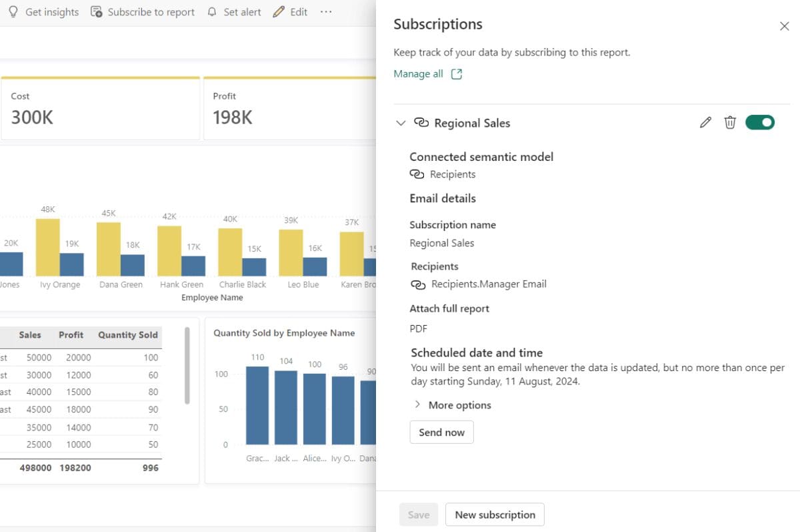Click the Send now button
[441, 433]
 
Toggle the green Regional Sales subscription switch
[759, 122]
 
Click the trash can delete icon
[730, 122]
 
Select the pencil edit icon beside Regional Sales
[705, 122]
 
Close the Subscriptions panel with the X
[784, 26]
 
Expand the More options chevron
[418, 405]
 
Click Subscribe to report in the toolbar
[143, 12]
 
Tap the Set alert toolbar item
[234, 12]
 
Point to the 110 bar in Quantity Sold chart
[257, 405]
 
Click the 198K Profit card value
[233, 117]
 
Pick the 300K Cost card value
[32, 117]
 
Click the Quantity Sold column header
[127, 335]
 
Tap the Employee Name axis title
[212, 298]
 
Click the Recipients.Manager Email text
[489, 284]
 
